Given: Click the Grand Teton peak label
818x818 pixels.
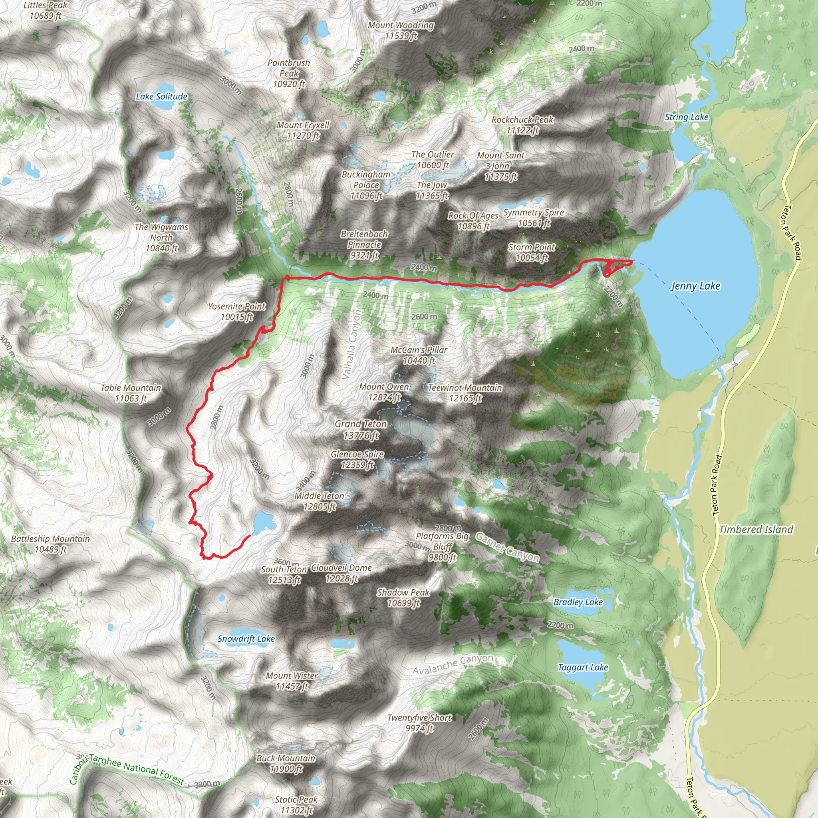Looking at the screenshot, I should click(361, 429).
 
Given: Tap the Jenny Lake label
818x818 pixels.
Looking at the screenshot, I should click(696, 286).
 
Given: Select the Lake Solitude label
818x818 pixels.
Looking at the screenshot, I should click(161, 97).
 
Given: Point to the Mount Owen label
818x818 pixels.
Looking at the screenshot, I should click(384, 392).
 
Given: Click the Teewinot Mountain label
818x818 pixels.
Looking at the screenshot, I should click(465, 393).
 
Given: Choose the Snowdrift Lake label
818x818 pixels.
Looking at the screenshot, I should click(246, 639).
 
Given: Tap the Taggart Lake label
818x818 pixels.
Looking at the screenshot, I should click(583, 668).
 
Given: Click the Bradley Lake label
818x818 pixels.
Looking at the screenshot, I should click(578, 602).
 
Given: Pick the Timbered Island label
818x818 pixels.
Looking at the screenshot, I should click(756, 529).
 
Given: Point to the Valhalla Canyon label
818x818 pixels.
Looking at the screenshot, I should click(352, 344).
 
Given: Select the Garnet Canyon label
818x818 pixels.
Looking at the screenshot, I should click(507, 547).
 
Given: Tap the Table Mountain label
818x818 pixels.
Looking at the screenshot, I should click(131, 393).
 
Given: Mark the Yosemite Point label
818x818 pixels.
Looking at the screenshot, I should click(237, 311).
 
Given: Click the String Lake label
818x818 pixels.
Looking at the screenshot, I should click(686, 117).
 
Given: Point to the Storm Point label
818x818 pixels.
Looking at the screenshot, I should click(531, 252).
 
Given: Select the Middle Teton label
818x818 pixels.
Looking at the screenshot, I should click(319, 501).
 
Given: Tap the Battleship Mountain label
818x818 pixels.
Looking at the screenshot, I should click(50, 544).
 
